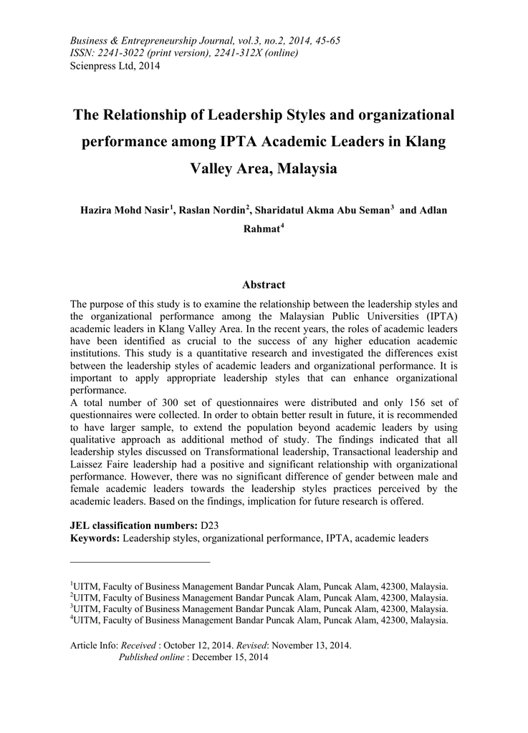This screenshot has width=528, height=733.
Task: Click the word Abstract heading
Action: [264, 284]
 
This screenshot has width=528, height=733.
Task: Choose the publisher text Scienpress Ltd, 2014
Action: [115, 66]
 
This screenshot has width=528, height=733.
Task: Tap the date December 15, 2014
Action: [229, 657]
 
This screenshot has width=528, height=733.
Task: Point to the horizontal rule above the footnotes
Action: [140, 562]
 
